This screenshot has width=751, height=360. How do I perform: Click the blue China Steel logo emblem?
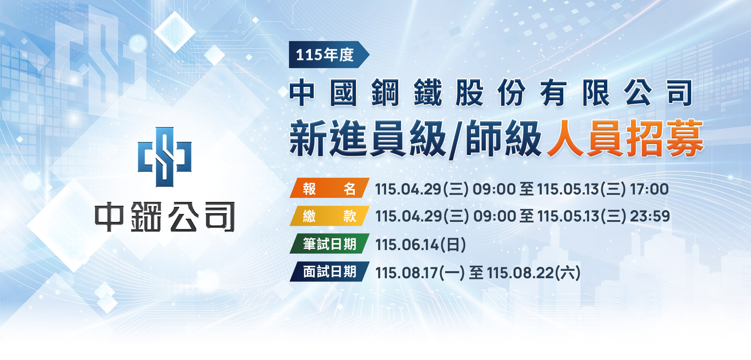pyautogui.click(x=165, y=157)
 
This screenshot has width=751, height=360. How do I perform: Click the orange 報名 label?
pyautogui.click(x=329, y=188)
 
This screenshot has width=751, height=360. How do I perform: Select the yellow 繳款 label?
pyautogui.click(x=329, y=216)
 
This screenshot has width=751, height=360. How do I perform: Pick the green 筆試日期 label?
pyautogui.click(x=329, y=244)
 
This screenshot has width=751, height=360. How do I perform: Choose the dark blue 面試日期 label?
pyautogui.click(x=329, y=272)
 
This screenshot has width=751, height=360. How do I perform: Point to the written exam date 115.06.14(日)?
pyautogui.click(x=420, y=245)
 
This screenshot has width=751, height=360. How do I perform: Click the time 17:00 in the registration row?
pyautogui.click(x=649, y=189)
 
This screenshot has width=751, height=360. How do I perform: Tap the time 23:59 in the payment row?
pyautogui.click(x=650, y=216)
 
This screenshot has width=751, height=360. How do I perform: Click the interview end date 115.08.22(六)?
pyautogui.click(x=534, y=273)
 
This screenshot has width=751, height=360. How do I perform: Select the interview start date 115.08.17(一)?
pyautogui.click(x=420, y=273)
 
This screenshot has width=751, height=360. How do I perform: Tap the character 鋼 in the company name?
pyautogui.click(x=385, y=93)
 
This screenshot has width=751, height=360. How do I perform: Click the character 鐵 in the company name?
pyautogui.click(x=428, y=93)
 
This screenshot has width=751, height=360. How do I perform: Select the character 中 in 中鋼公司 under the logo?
pyautogui.click(x=109, y=217)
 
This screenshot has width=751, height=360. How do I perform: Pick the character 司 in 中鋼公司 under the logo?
pyautogui.click(x=220, y=217)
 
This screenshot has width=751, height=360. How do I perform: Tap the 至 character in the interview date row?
pyautogui.click(x=476, y=273)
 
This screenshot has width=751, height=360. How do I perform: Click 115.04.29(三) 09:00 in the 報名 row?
pyautogui.click(x=445, y=189)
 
